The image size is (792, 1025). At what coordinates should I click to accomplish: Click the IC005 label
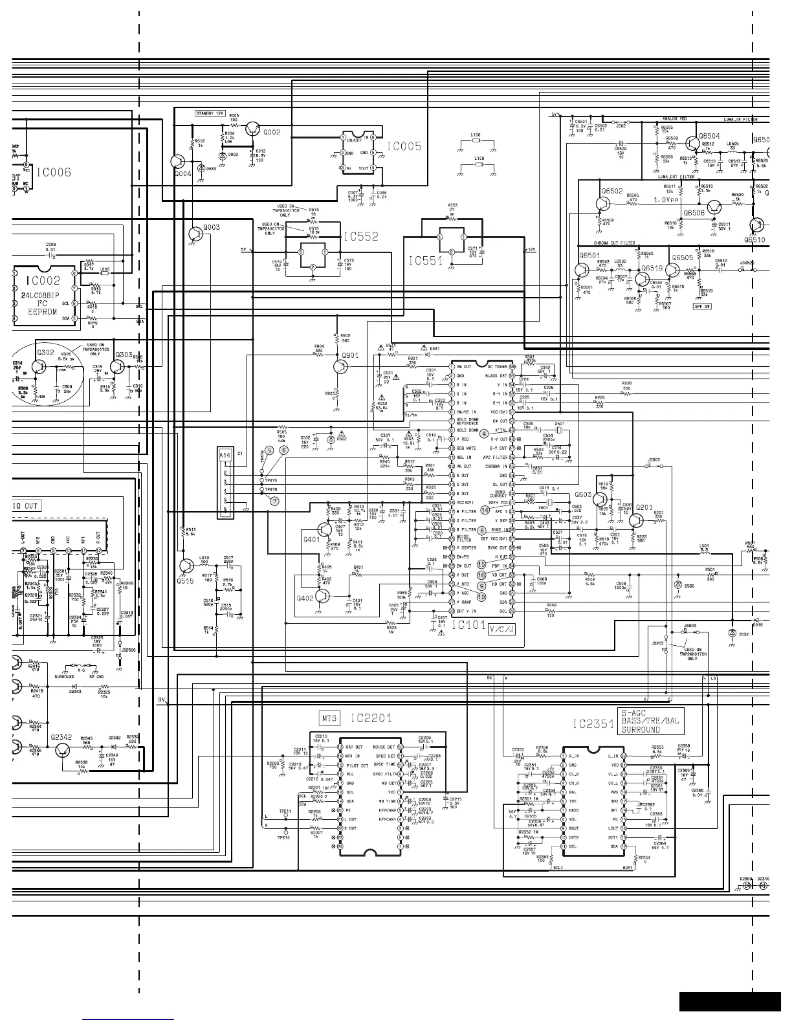tap(404, 147)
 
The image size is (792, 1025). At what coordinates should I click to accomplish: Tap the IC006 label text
tap(63, 173)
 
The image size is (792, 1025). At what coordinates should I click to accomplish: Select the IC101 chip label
tap(468, 625)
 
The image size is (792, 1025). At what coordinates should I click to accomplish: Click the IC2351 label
tap(593, 725)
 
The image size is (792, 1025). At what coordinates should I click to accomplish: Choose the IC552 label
tap(361, 237)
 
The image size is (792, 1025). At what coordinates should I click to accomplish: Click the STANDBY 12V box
tap(210, 113)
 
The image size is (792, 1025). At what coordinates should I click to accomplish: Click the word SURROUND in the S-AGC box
tap(641, 729)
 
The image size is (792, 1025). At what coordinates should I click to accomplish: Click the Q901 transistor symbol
tap(341, 366)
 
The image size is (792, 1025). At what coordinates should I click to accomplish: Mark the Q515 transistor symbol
tap(186, 566)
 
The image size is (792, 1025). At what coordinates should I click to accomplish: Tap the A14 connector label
tap(225, 456)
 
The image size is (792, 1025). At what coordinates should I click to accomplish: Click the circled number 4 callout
tap(483, 433)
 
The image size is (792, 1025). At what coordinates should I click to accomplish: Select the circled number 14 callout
tap(485, 511)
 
